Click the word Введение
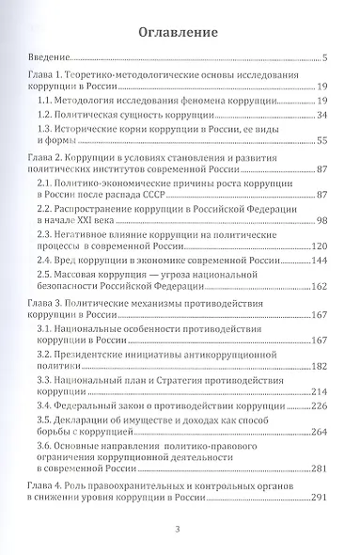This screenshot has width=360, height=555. (x=50, y=58)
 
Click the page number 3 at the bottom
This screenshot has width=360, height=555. (x=179, y=530)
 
